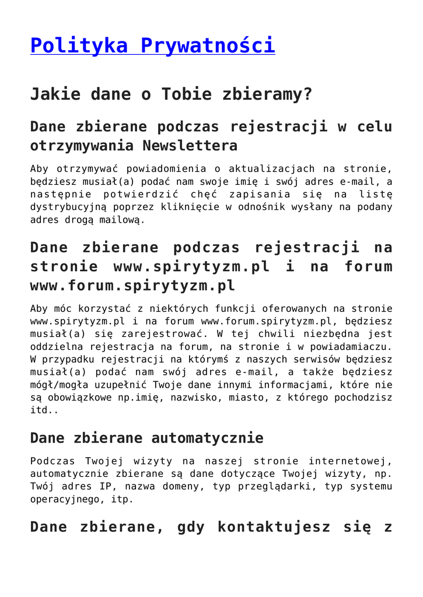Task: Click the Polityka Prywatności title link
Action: tap(152, 45)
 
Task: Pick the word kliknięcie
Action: tap(190, 207)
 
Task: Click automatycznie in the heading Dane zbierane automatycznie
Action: tap(207, 438)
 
